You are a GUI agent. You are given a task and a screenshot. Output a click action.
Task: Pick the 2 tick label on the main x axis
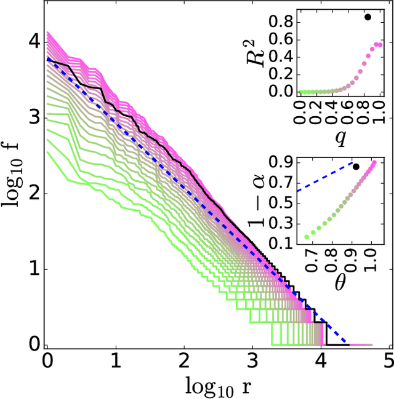tap(184, 360)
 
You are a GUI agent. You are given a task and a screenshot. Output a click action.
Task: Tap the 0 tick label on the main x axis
tap(47, 360)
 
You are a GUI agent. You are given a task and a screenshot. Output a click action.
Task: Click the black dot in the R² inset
tap(368, 17)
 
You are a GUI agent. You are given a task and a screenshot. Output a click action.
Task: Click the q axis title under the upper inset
tap(339, 139)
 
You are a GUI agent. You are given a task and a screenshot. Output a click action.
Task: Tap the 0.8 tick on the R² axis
tap(285, 22)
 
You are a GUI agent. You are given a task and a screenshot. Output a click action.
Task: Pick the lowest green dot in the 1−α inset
tap(306, 237)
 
